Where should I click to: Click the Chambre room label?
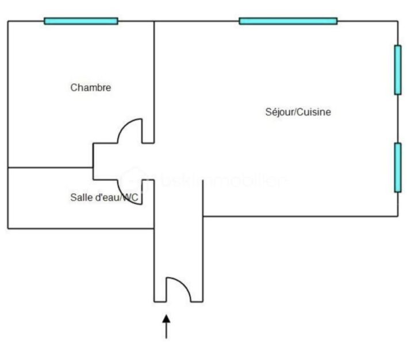coord(90,88)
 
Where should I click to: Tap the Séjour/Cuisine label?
coord(297,112)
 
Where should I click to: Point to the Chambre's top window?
coord(81,21)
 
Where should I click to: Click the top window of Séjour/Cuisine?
coord(288,21)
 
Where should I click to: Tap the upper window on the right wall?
coord(397,69)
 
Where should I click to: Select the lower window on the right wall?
coord(397,167)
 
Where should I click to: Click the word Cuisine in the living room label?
coord(314,112)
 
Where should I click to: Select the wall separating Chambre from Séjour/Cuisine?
coord(154,75)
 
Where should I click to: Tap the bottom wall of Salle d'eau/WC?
coord(80,229)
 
